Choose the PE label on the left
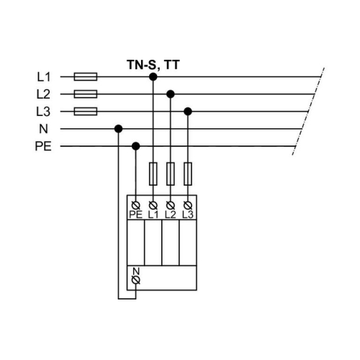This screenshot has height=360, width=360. (x=42, y=147)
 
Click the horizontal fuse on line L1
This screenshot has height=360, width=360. (x=86, y=76)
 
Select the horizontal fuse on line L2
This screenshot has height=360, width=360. (x=86, y=94)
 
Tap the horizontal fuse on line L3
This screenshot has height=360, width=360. (x=86, y=112)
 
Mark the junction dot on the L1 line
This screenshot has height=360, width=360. (x=153, y=76)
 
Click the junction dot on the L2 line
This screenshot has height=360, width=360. (x=171, y=94)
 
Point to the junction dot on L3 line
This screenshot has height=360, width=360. (x=188, y=112)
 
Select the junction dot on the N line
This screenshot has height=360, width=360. (x=118, y=130)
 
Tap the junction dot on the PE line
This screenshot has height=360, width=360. (x=136, y=147)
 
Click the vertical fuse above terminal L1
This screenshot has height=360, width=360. (x=153, y=173)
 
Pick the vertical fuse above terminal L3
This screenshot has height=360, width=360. (x=188, y=173)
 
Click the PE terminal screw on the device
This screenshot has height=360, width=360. (x=136, y=205)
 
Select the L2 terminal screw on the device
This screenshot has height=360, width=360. (x=171, y=205)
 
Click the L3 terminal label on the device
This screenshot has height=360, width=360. (x=188, y=214)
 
